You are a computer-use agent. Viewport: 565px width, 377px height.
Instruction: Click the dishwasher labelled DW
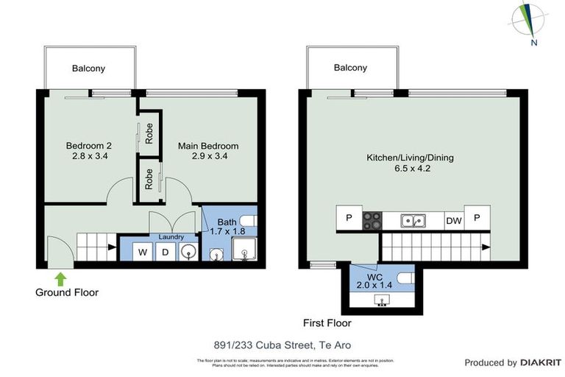click(x=453, y=219)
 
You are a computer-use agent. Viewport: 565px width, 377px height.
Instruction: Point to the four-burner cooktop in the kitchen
click(x=372, y=219)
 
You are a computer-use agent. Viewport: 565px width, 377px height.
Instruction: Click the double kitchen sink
click(x=411, y=219)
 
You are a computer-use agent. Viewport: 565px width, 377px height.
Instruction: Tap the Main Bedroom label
click(x=208, y=146)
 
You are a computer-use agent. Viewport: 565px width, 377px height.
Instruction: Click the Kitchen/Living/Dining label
click(x=411, y=158)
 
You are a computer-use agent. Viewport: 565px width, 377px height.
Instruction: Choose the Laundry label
click(x=171, y=237)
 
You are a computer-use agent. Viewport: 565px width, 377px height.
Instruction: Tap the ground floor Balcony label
click(x=88, y=68)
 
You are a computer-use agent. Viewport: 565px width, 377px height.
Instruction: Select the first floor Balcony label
click(x=350, y=68)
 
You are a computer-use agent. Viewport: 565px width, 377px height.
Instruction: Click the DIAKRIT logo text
click(x=541, y=362)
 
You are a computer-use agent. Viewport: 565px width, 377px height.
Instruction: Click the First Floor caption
click(x=327, y=323)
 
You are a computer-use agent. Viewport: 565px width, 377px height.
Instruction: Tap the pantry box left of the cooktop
click(x=349, y=218)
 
